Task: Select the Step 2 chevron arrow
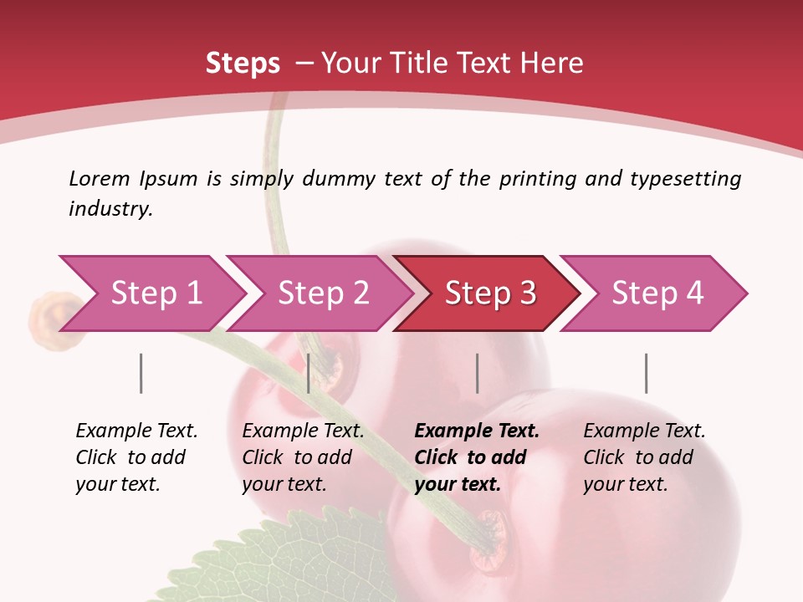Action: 323,293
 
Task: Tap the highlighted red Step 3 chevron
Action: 490,293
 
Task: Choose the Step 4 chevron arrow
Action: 657,293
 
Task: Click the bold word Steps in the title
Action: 243,63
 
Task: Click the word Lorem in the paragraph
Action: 100,178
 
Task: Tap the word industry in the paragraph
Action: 110,209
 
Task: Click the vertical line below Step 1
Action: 141,373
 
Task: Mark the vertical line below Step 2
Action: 309,373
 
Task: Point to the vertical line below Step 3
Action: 478,373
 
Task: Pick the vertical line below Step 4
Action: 647,373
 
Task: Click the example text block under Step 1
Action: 136,457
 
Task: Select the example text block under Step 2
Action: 303,457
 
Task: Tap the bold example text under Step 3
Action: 477,457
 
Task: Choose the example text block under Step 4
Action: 644,457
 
